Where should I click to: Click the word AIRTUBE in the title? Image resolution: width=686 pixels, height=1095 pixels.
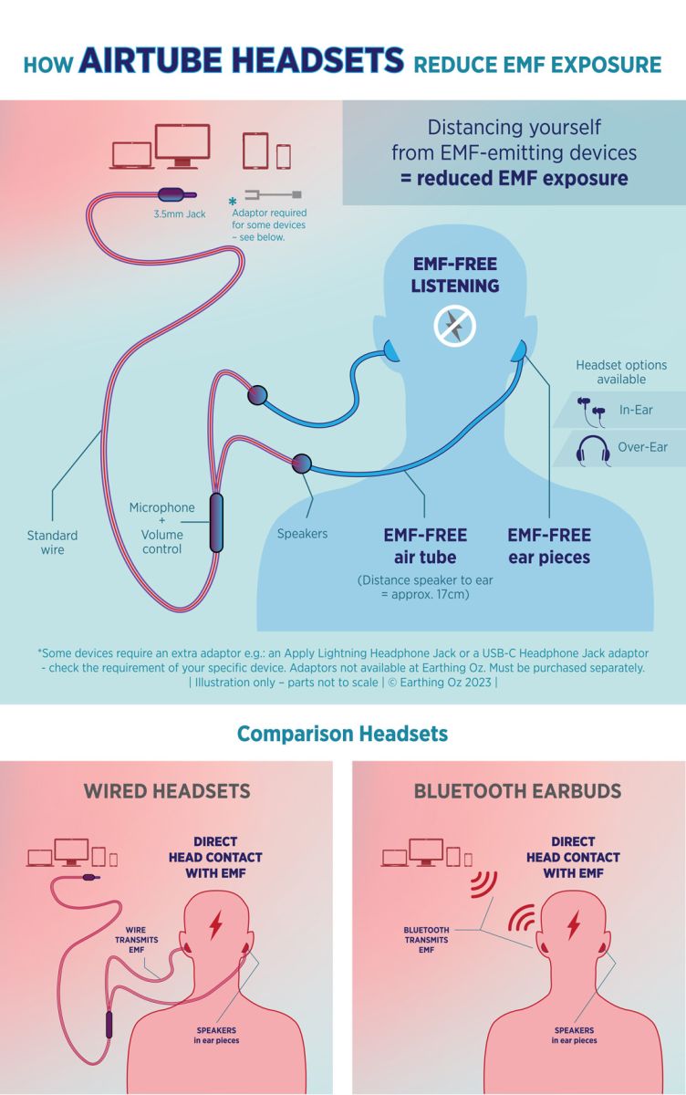tap(155, 61)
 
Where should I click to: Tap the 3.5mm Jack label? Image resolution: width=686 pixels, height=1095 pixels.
tap(180, 214)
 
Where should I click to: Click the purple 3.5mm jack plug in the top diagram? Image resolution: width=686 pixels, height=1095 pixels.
tap(176, 194)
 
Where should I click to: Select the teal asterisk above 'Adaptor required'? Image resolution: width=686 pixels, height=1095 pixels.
tap(233, 201)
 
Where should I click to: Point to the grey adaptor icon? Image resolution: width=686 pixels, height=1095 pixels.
tap(273, 194)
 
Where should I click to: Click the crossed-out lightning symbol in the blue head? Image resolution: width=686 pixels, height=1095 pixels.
tap(455, 326)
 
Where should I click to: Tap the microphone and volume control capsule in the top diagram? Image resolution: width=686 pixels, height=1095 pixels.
tap(216, 522)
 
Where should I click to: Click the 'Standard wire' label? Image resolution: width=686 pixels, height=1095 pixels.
tap(52, 542)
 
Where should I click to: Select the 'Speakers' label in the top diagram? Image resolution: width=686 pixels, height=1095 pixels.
tap(302, 533)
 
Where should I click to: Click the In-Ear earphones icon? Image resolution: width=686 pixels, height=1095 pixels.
tap(591, 412)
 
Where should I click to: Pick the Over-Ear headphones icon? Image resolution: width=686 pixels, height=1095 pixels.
tap(593, 450)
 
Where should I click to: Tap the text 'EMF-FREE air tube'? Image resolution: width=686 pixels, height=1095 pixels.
tap(425, 546)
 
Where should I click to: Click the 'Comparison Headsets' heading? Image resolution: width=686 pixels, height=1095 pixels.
tap(342, 734)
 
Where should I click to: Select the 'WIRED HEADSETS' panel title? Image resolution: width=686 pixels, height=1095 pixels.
tap(167, 791)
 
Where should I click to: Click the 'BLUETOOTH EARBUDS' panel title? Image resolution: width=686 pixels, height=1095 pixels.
tap(517, 791)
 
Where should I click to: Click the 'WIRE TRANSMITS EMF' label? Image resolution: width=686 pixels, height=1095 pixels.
tap(136, 940)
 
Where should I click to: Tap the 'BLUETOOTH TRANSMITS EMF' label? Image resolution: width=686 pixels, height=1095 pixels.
tap(426, 940)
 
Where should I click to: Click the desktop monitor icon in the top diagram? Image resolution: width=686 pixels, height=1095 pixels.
tap(182, 146)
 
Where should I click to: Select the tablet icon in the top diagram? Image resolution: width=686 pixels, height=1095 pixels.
tap(255, 151)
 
